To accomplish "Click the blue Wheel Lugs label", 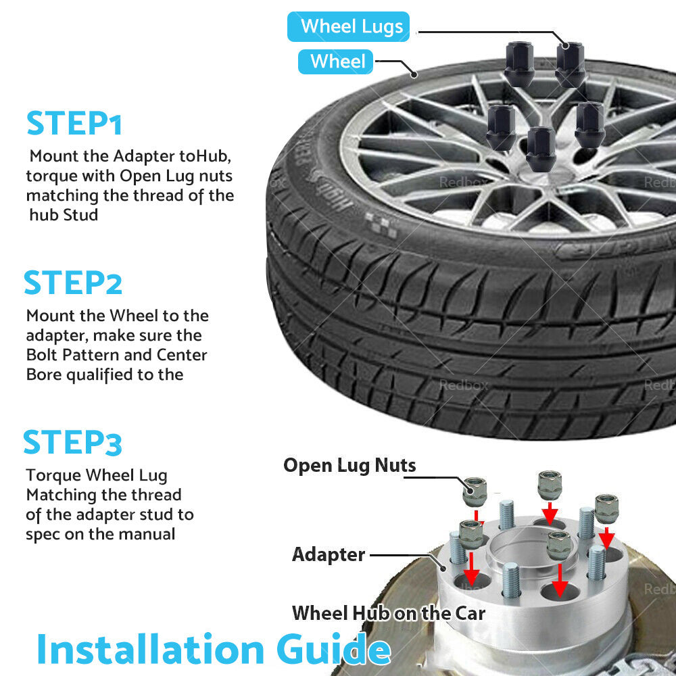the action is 348,27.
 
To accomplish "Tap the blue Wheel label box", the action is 336,62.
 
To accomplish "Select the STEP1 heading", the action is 74,123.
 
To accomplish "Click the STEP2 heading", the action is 73,283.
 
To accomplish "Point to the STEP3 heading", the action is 72,442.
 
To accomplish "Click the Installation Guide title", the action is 214,650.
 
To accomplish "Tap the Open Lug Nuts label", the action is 349,465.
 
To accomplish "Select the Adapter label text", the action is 329,554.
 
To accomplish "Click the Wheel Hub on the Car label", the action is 389,613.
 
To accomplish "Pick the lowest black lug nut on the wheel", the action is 541,149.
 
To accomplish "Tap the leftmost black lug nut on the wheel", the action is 502,128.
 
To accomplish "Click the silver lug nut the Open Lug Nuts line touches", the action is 475,492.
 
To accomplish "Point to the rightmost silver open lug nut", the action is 606,509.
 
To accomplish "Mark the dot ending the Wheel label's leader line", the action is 414,74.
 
